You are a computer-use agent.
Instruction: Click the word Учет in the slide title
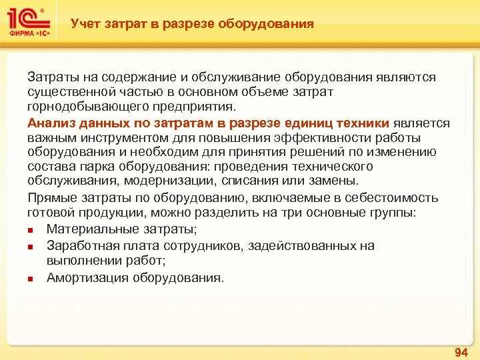[x=85, y=24]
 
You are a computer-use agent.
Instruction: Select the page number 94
[x=461, y=351]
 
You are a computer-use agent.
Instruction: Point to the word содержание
[x=139, y=77]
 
